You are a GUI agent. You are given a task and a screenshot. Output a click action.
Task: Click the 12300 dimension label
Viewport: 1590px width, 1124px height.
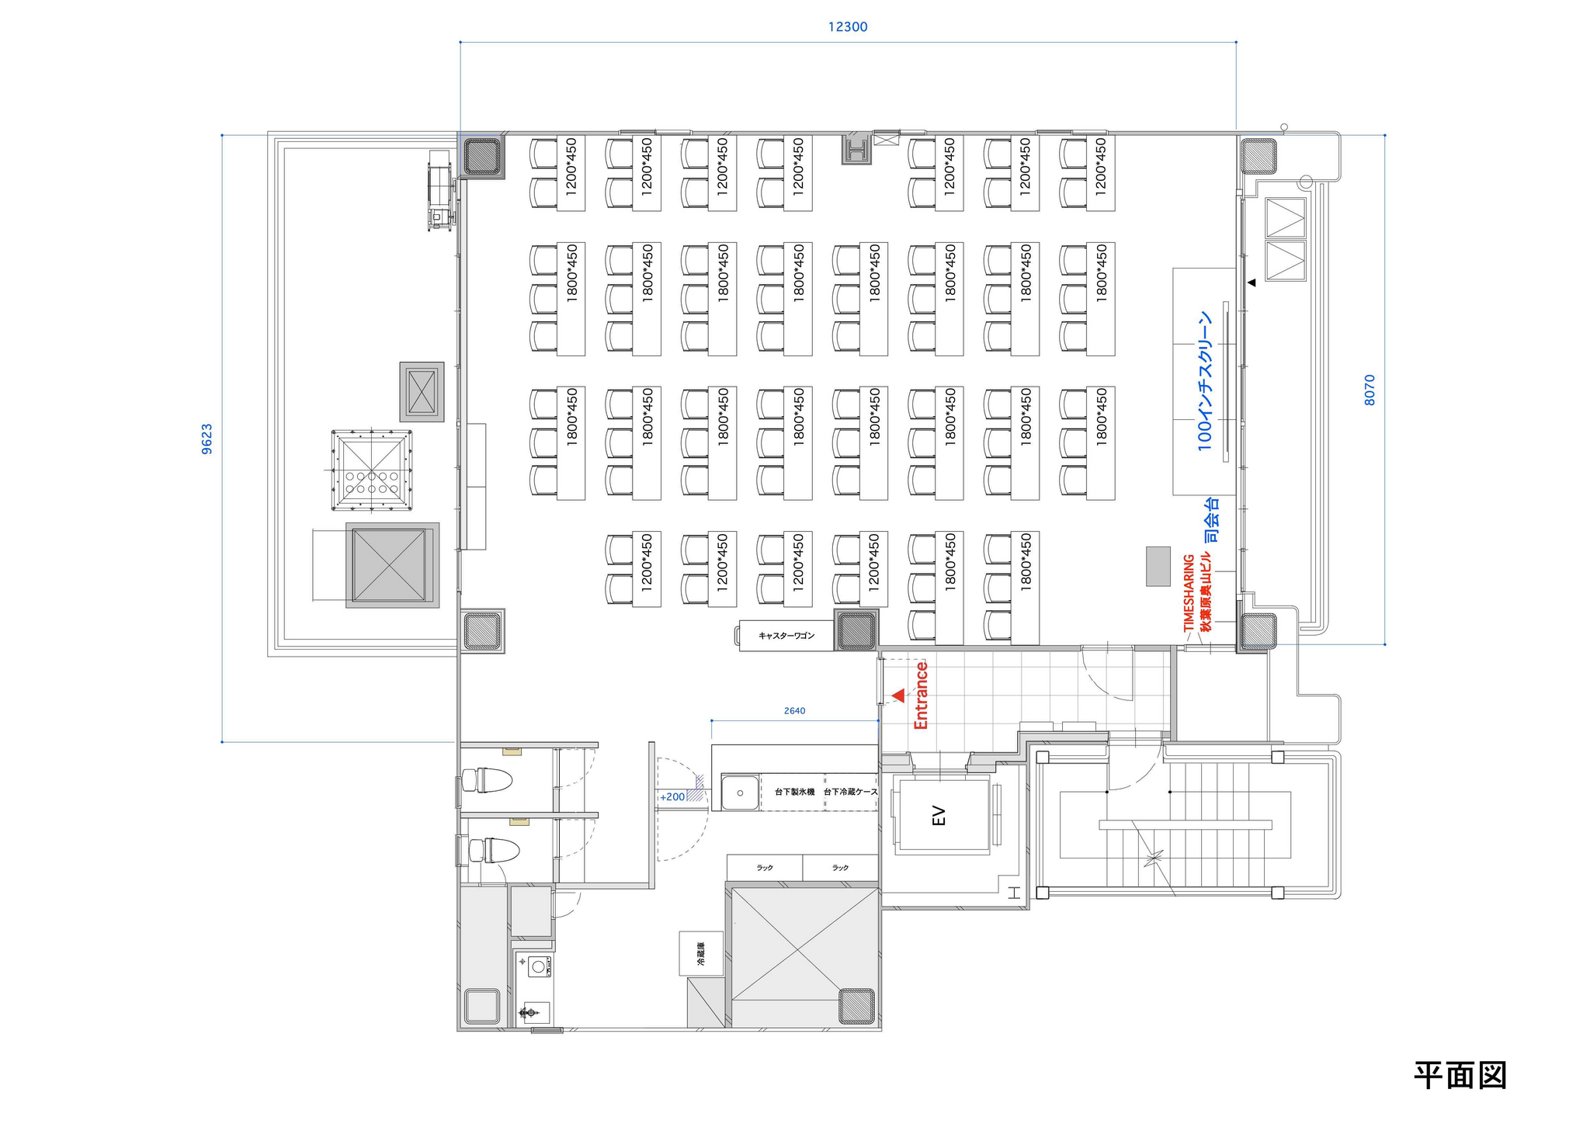[847, 27]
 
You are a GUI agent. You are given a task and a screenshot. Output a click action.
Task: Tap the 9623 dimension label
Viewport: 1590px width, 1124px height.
[207, 439]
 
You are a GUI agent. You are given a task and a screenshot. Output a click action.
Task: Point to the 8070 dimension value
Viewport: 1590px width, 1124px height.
[1370, 390]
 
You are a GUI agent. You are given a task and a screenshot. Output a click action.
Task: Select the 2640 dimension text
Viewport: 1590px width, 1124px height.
[794, 710]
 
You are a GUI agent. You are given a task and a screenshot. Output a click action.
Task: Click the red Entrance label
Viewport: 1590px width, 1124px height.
[922, 696]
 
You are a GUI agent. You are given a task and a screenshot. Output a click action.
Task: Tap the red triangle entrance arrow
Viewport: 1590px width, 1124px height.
[898, 696]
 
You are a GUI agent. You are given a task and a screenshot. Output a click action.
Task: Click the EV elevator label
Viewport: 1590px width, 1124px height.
[939, 816]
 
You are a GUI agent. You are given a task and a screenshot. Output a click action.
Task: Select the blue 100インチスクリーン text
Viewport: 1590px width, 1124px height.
[1204, 381]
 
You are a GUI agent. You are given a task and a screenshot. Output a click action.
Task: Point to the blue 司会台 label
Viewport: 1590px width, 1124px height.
[1211, 520]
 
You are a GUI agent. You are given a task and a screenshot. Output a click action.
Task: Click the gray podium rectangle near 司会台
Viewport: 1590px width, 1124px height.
[1158, 566]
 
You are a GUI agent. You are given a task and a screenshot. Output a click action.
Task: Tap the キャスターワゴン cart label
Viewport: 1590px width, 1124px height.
[786, 636]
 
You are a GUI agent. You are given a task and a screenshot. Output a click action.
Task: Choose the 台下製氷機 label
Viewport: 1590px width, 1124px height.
[794, 792]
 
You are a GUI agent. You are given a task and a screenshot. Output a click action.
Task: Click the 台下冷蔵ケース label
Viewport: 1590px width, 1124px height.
[850, 792]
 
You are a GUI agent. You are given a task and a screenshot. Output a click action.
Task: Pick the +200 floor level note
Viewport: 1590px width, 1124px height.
[672, 796]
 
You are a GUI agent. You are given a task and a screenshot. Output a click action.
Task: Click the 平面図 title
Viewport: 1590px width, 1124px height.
[1460, 1075]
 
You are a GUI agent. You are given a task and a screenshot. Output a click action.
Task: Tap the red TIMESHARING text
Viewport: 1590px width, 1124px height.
[1189, 592]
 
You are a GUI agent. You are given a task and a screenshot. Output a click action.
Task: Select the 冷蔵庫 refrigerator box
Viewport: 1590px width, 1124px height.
[701, 953]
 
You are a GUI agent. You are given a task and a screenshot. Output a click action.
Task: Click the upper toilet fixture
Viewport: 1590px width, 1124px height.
[487, 779]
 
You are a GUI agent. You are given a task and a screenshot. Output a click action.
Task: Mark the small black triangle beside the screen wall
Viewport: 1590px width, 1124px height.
[1252, 283]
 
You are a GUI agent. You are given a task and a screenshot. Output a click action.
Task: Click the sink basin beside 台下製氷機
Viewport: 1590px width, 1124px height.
[740, 793]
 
